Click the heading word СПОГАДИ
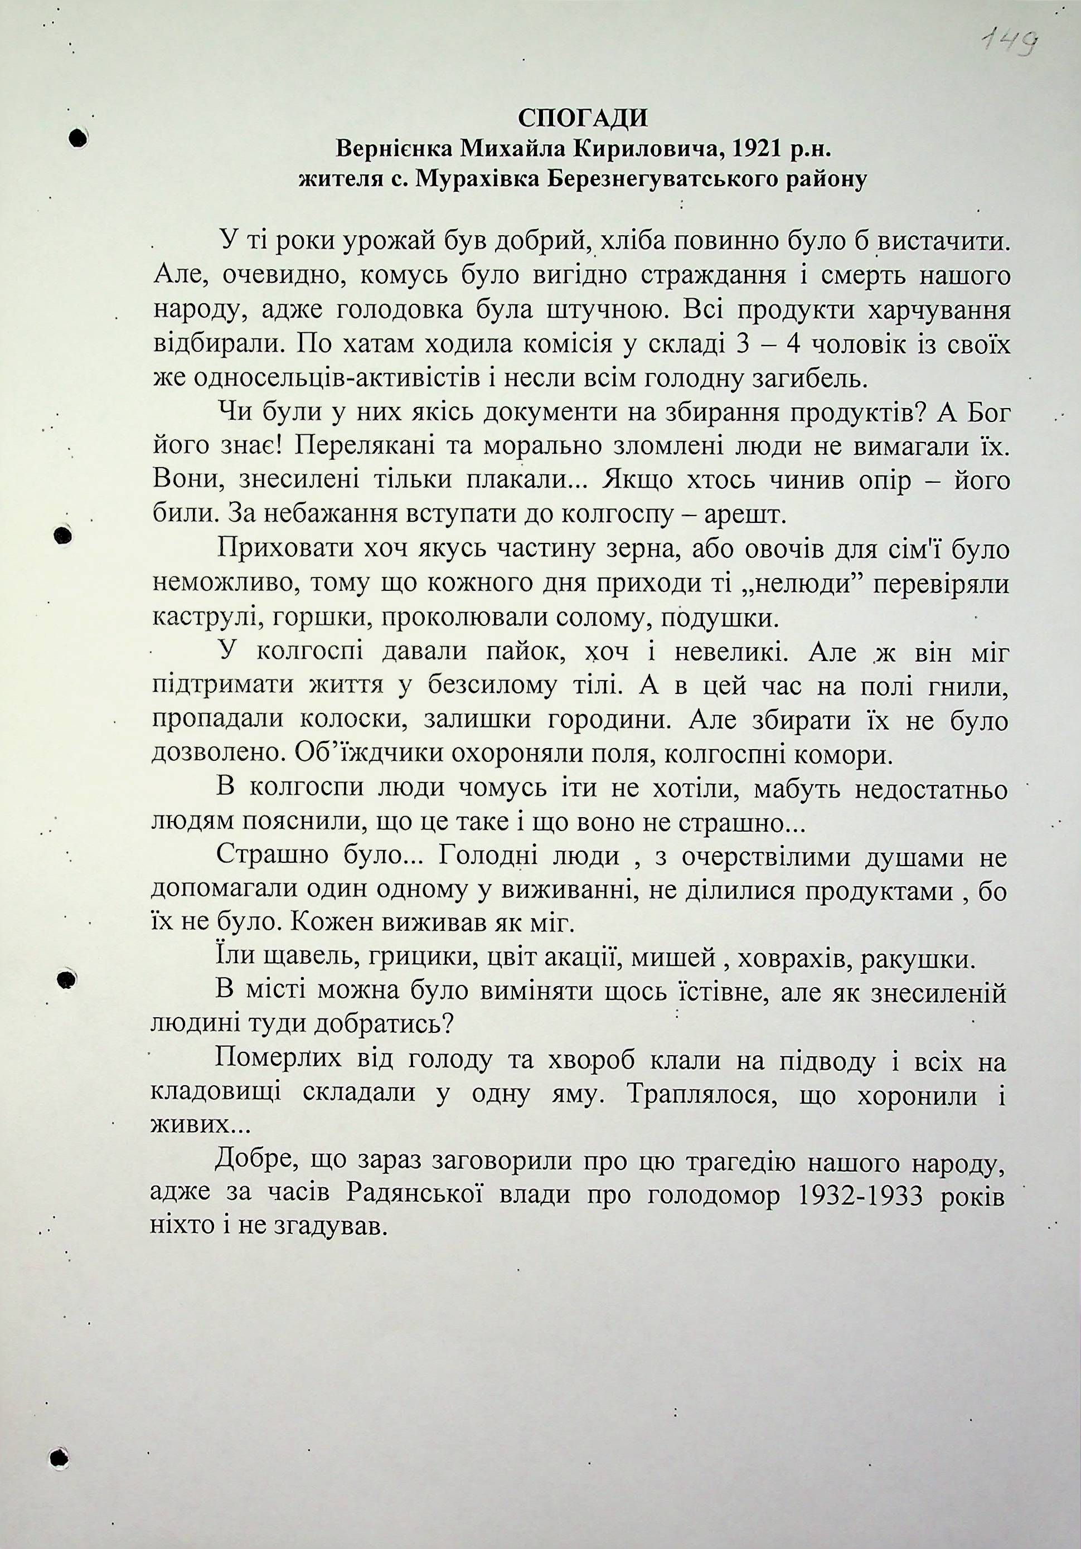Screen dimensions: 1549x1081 pos(583,118)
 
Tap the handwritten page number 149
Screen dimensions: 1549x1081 pos(1009,45)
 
